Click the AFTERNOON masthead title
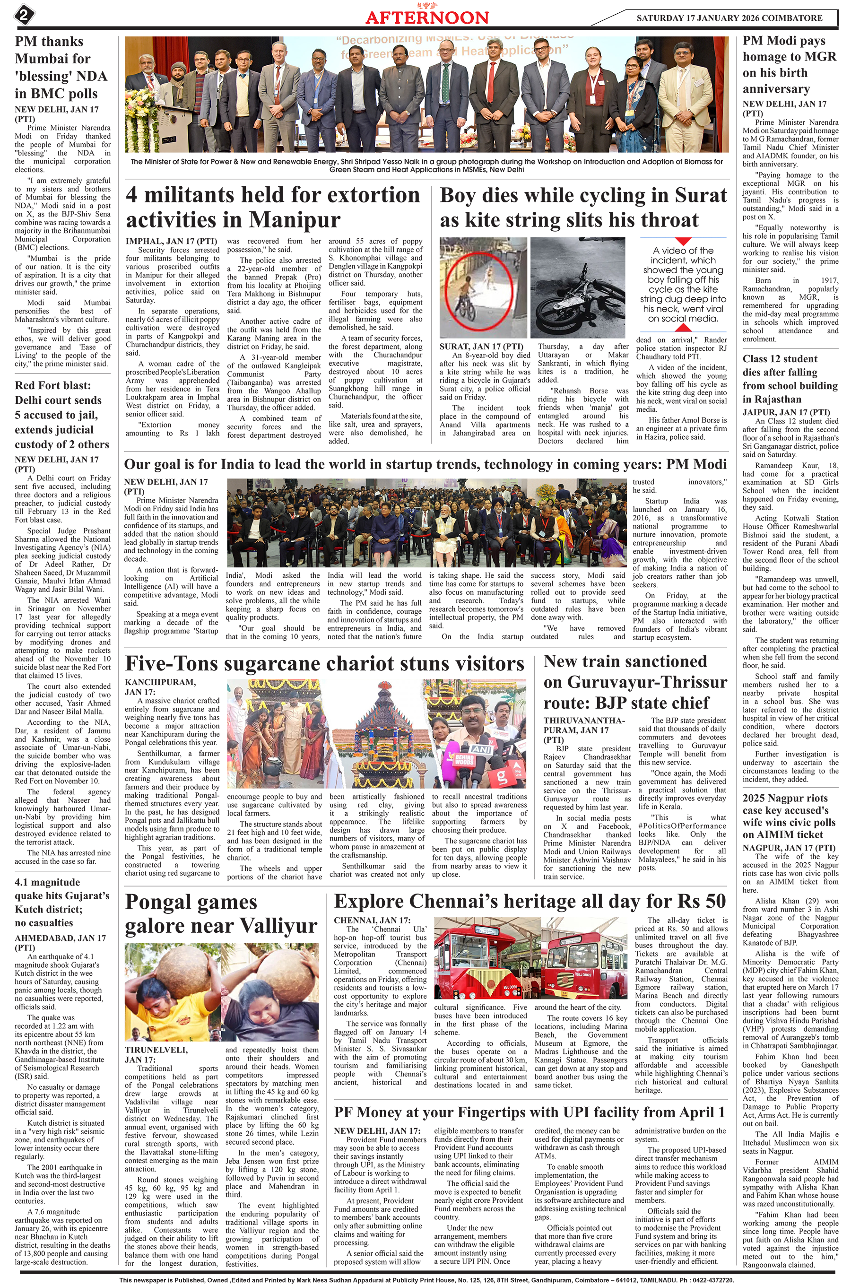pyautogui.click(x=426, y=17)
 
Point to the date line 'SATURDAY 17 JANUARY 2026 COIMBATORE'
pyautogui.click(x=729, y=18)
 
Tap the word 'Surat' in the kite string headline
pyautogui.click(x=700, y=196)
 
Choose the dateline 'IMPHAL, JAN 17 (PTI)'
pyautogui.click(x=172, y=241)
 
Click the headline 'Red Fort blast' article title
pyautogui.click(x=53, y=386)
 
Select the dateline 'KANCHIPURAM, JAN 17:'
pyautogui.click(x=160, y=686)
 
